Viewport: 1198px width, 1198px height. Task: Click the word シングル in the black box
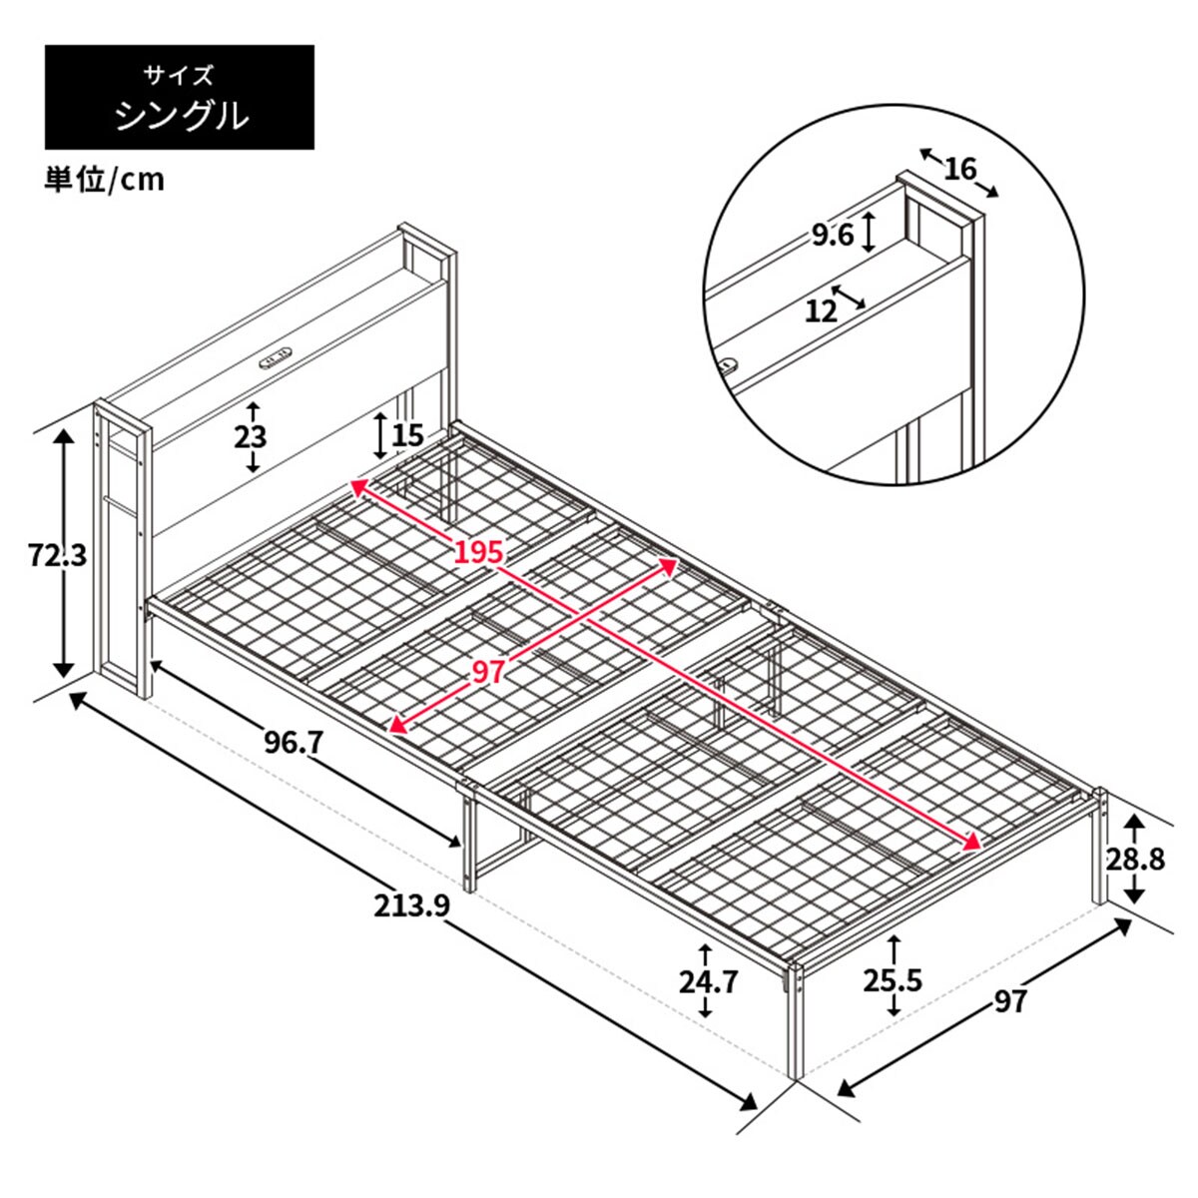point(180,117)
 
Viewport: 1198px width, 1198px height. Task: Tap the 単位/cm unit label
point(104,180)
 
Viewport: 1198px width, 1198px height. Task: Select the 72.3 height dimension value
point(57,554)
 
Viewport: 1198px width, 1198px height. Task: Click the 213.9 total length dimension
point(413,905)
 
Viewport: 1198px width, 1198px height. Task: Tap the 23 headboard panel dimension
point(252,436)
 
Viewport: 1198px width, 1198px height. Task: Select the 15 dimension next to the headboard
point(407,435)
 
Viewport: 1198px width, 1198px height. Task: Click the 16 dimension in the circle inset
point(959,170)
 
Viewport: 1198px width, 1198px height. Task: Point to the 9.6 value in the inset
point(833,236)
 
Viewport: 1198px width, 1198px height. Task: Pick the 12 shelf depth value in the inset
point(821,311)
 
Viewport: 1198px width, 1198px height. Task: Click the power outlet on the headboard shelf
point(277,356)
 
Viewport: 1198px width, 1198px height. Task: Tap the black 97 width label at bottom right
point(1010,999)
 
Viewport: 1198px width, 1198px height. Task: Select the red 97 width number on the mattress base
point(488,672)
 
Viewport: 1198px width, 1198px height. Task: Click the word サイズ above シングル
point(179,75)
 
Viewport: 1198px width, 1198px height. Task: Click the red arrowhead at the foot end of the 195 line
point(972,843)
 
